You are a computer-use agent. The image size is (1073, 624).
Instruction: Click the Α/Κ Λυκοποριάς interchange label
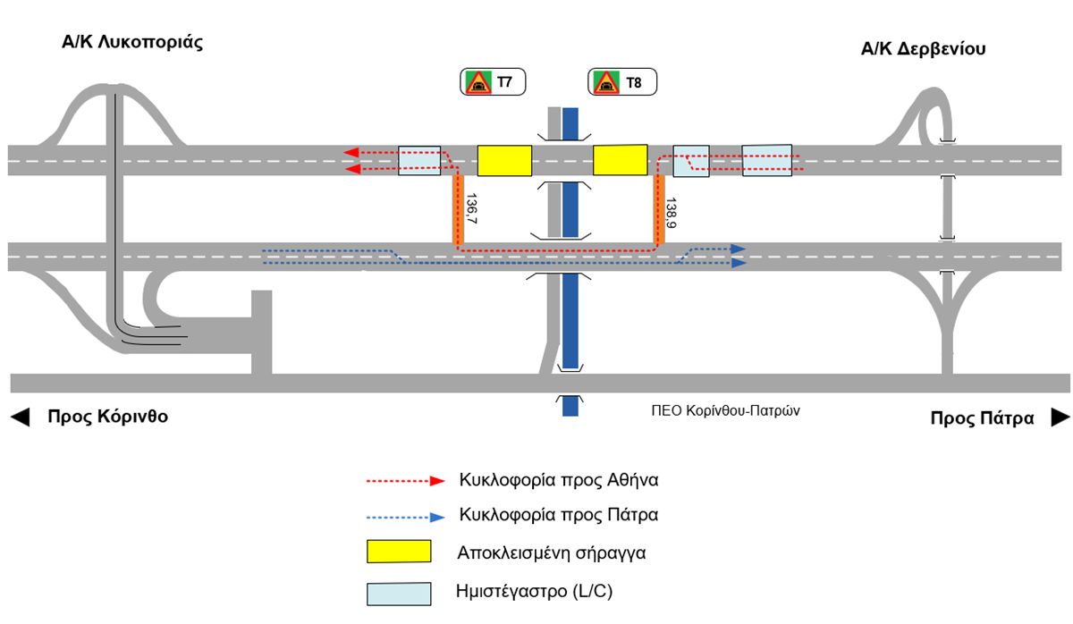[x=132, y=43]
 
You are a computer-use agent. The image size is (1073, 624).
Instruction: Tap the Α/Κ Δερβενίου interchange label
[x=923, y=49]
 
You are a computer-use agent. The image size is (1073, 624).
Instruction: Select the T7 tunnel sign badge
[x=493, y=82]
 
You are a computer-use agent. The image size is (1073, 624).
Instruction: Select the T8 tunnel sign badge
[x=622, y=82]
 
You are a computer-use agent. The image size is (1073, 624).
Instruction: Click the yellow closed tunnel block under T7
[x=504, y=160]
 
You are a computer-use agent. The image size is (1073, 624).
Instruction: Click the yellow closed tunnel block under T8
[x=621, y=160]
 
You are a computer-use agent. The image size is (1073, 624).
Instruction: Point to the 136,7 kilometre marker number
[x=471, y=209]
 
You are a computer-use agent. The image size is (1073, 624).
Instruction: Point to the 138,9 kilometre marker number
[x=672, y=213]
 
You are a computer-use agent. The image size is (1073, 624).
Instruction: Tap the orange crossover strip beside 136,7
[x=458, y=210]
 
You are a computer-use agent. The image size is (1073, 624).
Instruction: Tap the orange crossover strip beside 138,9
[x=659, y=210]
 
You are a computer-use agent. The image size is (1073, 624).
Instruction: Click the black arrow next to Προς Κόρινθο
[x=20, y=417]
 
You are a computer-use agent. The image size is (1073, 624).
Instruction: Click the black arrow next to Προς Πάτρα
[x=1060, y=417]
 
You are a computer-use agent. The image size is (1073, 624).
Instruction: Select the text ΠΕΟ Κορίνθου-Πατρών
[x=725, y=411]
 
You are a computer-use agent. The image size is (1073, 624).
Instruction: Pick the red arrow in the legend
[x=406, y=481]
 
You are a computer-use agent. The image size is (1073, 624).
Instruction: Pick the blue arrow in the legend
[x=406, y=518]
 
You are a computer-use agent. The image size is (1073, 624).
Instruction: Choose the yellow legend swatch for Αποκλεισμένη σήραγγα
[x=399, y=552]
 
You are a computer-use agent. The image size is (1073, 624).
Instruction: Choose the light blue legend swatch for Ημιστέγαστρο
[x=399, y=594]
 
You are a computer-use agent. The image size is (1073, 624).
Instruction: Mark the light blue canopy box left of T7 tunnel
[x=419, y=160]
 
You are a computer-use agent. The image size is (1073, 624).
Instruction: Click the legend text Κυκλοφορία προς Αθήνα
[x=559, y=480]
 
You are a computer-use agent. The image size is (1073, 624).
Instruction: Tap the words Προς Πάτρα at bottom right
[x=982, y=418]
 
